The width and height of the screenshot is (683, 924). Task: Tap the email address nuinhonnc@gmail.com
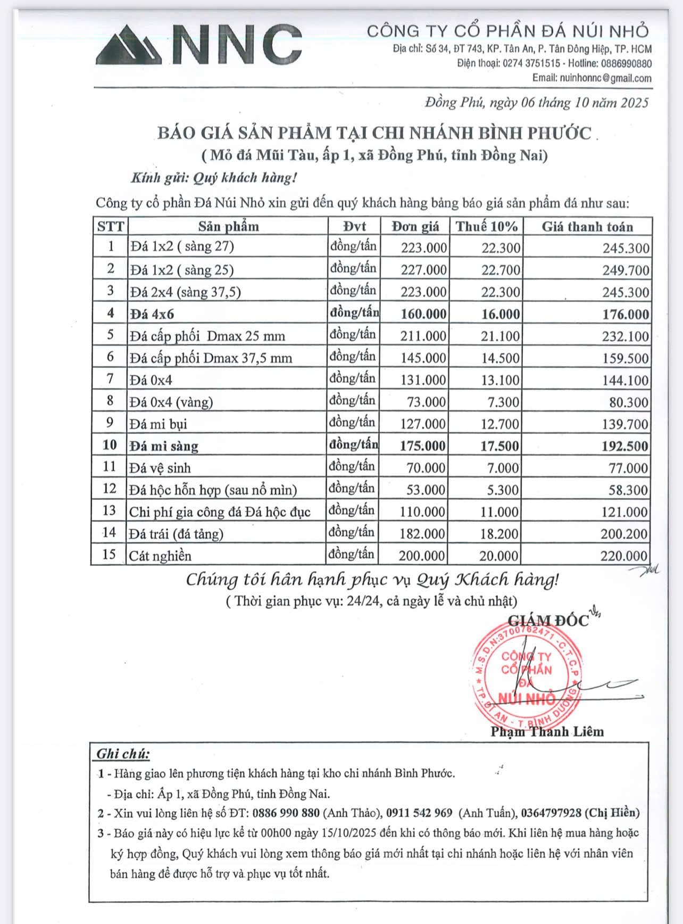click(x=605, y=78)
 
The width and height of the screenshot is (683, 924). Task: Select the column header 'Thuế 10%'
click(x=486, y=227)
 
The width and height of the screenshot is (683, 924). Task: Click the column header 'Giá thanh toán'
click(x=587, y=227)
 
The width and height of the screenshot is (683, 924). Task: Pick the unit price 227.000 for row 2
click(x=423, y=270)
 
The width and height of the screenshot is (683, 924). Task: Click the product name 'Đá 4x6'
click(x=152, y=314)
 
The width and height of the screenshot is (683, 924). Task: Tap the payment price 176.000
click(x=625, y=314)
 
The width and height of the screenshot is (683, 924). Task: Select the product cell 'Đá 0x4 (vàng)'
click(x=171, y=402)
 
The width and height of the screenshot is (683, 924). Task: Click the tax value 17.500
click(x=499, y=446)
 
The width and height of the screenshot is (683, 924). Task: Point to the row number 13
click(x=109, y=511)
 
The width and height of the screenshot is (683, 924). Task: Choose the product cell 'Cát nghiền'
click(x=160, y=556)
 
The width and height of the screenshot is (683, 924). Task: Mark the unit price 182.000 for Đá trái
click(x=422, y=533)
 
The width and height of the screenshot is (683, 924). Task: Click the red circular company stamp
click(x=526, y=676)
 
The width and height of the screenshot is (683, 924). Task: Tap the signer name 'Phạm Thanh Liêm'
click(x=547, y=732)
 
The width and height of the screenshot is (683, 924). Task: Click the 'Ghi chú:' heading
click(x=123, y=754)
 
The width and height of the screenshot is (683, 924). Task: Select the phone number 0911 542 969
click(x=419, y=813)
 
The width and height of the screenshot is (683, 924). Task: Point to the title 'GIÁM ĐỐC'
click(x=548, y=621)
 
